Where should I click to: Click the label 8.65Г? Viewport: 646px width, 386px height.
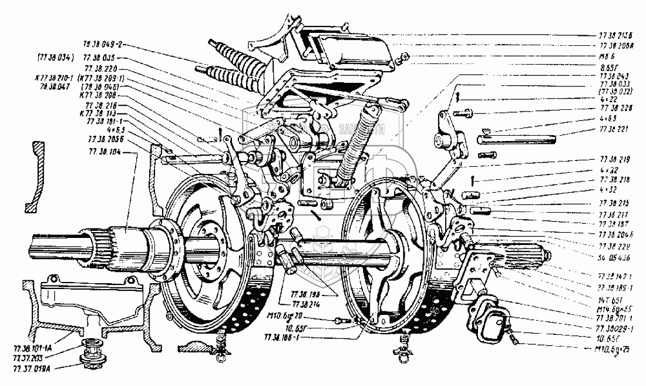pyautogui.click(x=610, y=66)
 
